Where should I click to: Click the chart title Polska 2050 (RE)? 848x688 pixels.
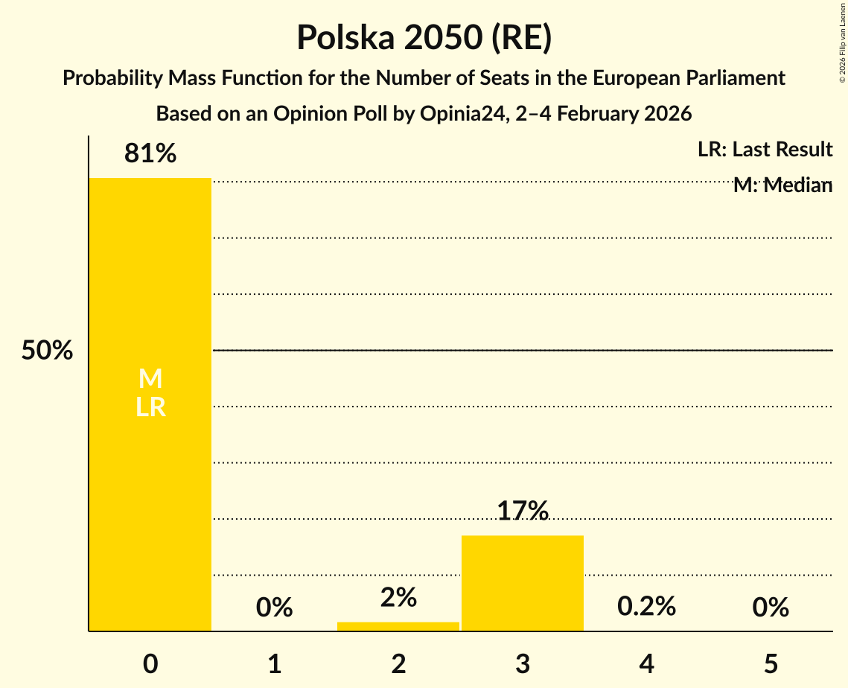point(424,38)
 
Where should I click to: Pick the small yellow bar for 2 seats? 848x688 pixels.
point(398,626)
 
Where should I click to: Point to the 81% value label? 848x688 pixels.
point(150,154)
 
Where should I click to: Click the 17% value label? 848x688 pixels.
point(523,512)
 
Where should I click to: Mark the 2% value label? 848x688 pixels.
point(398,597)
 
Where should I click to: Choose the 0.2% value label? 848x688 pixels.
point(646,606)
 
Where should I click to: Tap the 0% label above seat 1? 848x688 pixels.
point(274,608)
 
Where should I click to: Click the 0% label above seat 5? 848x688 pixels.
point(770,608)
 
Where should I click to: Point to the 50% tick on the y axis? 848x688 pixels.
point(47,351)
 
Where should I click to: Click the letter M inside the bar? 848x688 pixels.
point(150,379)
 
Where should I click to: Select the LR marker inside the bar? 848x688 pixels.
point(150,407)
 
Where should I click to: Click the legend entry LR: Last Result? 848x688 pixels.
point(765,150)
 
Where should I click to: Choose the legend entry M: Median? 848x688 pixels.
point(782,185)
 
